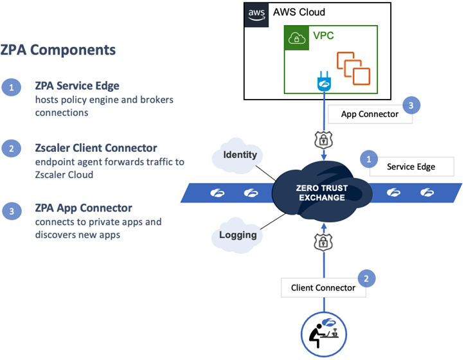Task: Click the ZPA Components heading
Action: (58, 50)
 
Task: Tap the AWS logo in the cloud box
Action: (256, 13)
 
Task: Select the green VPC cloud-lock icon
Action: (297, 38)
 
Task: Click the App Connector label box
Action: (370, 114)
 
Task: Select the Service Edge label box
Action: (411, 166)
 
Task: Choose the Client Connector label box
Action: (323, 287)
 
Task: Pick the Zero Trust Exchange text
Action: (323, 193)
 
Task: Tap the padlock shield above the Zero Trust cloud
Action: (323, 140)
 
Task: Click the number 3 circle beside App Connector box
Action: (411, 105)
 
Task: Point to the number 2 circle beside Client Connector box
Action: (366, 278)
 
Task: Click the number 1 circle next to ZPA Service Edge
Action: (11, 88)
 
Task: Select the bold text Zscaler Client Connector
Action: (95, 148)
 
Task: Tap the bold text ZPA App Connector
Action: (84, 208)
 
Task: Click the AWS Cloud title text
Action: (299, 12)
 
